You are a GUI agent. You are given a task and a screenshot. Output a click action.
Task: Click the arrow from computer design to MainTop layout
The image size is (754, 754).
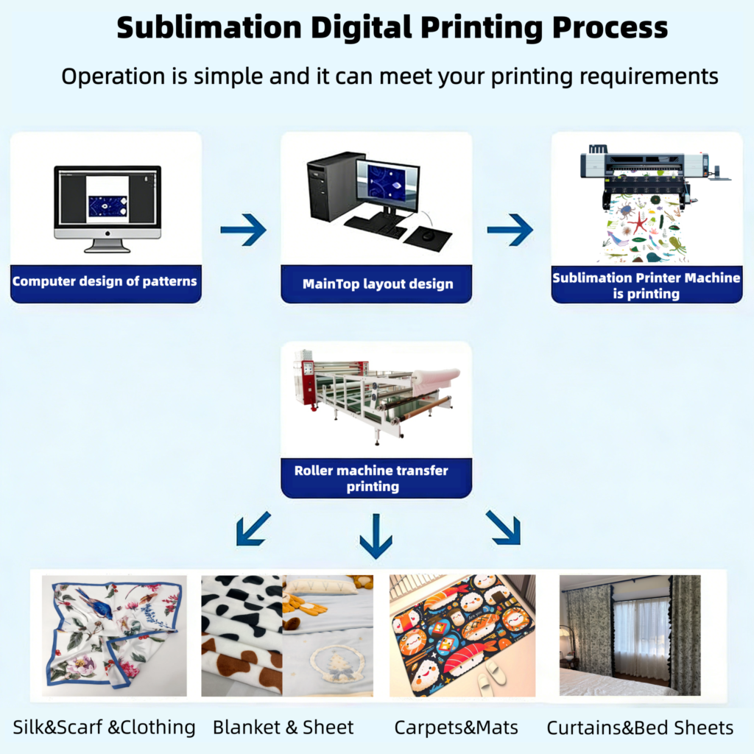(243, 230)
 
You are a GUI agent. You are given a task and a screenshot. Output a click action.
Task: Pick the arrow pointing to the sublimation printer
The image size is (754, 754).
(510, 230)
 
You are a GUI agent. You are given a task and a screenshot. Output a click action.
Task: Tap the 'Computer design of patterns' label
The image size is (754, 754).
(105, 281)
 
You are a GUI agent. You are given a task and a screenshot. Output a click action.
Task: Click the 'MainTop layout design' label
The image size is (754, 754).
(377, 284)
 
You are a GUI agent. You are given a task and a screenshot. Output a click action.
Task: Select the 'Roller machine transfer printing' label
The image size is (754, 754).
(371, 478)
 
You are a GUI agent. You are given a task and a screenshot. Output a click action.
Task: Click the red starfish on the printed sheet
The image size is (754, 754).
(637, 221)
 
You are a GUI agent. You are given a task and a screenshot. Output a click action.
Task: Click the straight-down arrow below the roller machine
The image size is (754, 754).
(376, 536)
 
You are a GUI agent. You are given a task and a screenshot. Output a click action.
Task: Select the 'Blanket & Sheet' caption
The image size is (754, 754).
(283, 728)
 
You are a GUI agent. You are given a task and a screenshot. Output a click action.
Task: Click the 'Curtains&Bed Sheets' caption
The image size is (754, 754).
(640, 728)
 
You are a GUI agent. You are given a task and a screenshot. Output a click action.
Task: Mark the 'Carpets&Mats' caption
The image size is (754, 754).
(457, 728)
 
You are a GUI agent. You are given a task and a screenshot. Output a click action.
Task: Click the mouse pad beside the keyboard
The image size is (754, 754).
(429, 238)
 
